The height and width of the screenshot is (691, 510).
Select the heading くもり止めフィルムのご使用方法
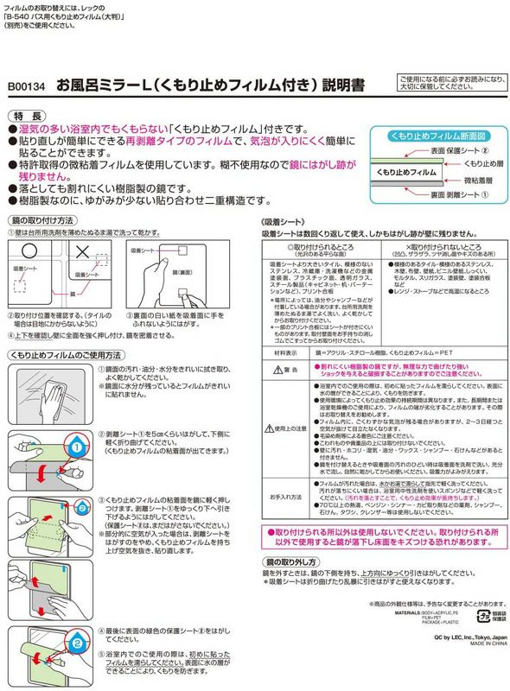click(65, 355)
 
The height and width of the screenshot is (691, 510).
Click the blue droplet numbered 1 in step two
click(75, 447)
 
